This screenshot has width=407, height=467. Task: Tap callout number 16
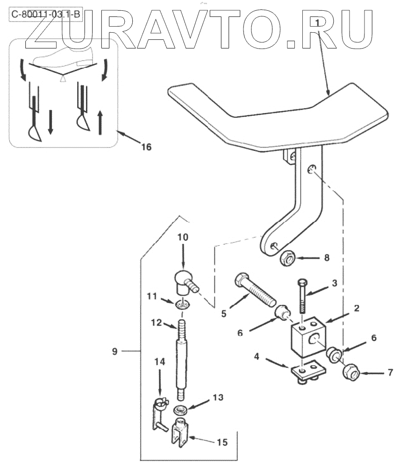(x=146, y=147)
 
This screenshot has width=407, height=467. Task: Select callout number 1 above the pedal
(x=317, y=22)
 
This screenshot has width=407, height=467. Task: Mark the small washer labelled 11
(x=183, y=305)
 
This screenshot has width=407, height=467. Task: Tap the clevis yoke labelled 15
(x=180, y=430)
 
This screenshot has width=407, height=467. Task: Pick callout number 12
(x=157, y=322)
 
